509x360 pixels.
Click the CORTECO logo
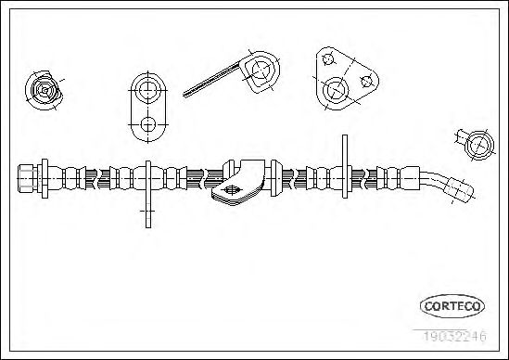click(452, 306)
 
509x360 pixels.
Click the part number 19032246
click(454, 336)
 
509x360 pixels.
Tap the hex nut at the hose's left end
click(27, 178)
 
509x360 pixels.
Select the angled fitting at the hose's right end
click(459, 190)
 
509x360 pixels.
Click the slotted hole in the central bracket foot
click(232, 190)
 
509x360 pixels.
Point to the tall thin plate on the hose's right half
click(345, 166)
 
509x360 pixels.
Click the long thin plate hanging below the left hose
click(148, 194)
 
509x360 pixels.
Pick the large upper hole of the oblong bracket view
click(148, 89)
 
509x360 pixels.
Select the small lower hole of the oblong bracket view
click(148, 124)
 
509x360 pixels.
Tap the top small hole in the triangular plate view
click(327, 59)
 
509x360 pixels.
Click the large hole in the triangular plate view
click(336, 90)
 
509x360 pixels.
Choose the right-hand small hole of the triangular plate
click(366, 82)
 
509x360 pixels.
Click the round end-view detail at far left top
click(44, 90)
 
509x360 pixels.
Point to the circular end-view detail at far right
click(479, 146)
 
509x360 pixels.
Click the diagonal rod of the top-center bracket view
click(211, 79)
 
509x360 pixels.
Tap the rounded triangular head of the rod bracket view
click(261, 71)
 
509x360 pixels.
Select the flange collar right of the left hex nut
click(45, 178)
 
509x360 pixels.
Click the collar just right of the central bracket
click(274, 178)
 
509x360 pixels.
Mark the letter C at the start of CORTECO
click(428, 306)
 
